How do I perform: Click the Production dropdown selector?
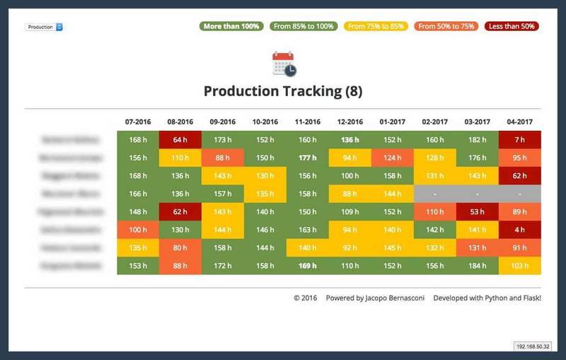(x=44, y=27)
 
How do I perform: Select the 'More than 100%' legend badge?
(x=231, y=26)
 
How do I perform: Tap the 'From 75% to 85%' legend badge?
(x=376, y=26)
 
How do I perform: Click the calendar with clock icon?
(x=284, y=64)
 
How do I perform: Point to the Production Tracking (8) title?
(x=283, y=91)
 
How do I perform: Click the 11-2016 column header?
(x=307, y=122)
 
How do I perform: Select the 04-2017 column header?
(x=519, y=122)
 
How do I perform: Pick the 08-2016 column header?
(x=180, y=122)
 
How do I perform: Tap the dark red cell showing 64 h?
(x=180, y=140)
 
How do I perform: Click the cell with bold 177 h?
(x=307, y=158)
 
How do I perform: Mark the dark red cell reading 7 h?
(x=519, y=140)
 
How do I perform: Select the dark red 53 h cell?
(x=477, y=211)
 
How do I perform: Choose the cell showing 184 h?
(x=477, y=266)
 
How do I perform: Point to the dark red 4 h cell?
(x=519, y=230)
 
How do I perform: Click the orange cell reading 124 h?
(x=392, y=158)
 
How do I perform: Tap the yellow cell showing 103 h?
(x=519, y=266)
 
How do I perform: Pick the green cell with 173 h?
(x=222, y=140)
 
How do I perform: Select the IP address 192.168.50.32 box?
(x=532, y=347)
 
